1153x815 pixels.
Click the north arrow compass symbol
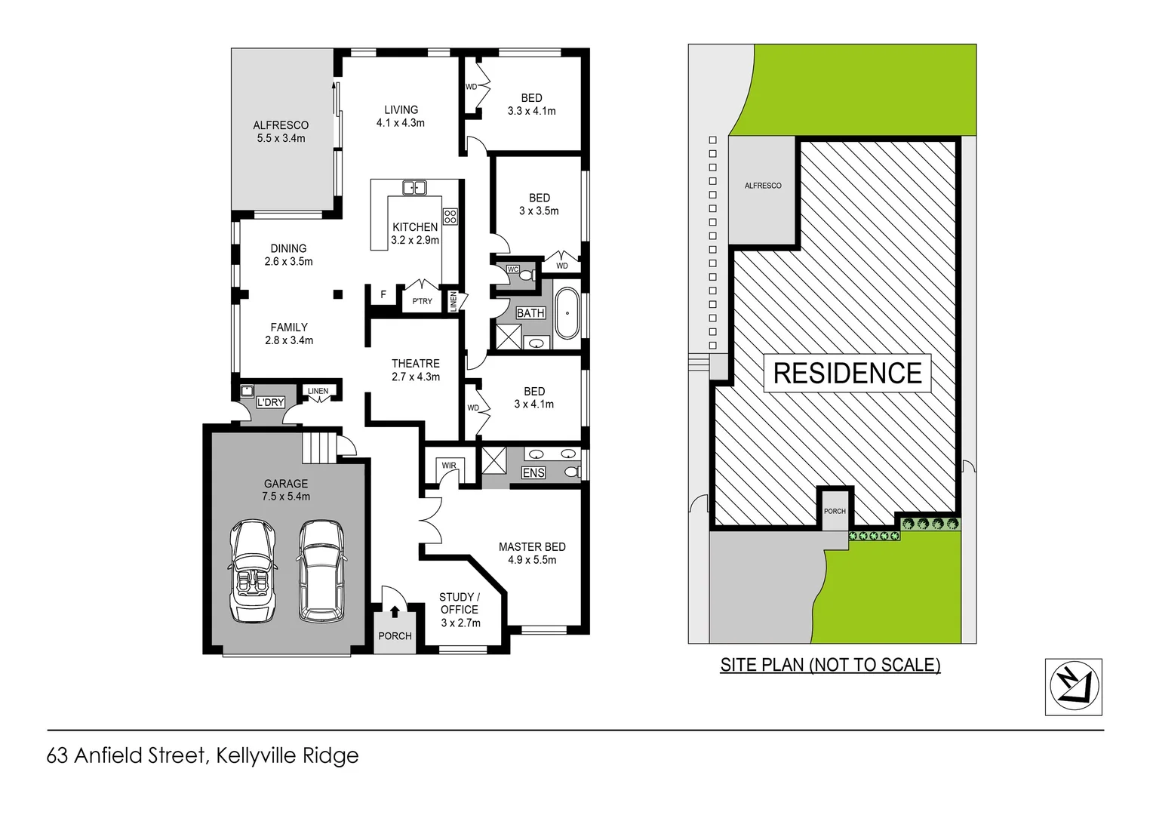[1074, 686]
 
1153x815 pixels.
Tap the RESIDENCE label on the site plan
[847, 374]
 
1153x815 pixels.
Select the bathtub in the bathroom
[567, 312]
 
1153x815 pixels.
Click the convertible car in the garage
[252, 570]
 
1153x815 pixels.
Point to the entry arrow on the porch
[395, 611]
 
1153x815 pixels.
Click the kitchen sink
[414, 188]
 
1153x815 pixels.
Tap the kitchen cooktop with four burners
[450, 217]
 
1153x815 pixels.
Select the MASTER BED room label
[532, 546]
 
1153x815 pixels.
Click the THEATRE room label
[416, 364]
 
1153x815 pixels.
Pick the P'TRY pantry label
[423, 301]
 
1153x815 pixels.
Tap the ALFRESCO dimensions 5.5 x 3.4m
[281, 138]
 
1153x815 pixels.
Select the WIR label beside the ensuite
[449, 466]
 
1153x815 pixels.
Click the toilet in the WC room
[527, 275]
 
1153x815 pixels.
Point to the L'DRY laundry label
[270, 402]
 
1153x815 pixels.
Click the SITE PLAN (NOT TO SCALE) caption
[830, 665]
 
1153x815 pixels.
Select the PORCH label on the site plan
[835, 511]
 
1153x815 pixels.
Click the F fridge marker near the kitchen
[383, 294]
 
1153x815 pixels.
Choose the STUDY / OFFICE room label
[460, 603]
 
